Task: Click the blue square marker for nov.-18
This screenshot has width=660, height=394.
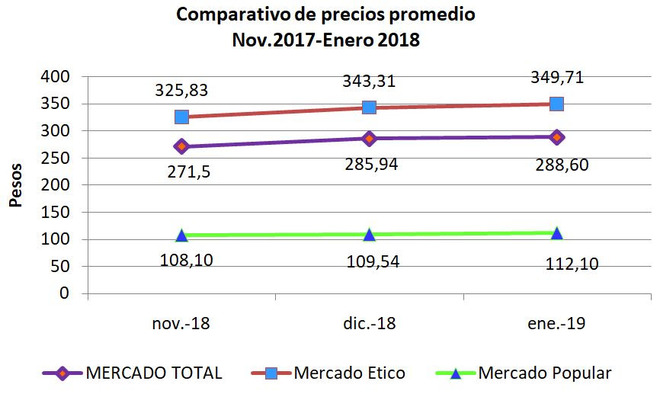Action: click(181, 117)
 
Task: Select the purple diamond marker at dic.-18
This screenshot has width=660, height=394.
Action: click(369, 138)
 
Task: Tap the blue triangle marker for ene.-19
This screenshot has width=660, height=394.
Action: click(556, 233)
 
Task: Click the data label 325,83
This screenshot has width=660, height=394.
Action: click(181, 91)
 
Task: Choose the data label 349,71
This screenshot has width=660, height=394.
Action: click(556, 78)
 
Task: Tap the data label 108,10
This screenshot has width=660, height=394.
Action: click(186, 261)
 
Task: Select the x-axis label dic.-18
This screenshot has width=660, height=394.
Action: click(369, 324)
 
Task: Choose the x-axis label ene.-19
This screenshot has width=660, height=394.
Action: click(556, 324)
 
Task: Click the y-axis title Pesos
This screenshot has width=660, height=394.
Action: click(17, 185)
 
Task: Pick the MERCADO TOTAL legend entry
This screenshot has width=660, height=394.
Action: click(153, 373)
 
